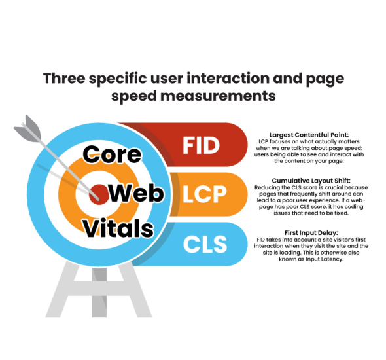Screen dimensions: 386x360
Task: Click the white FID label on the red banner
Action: coord(201,145)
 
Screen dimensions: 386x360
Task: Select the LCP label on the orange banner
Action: coord(205,194)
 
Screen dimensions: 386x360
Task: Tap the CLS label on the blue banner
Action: coord(205,244)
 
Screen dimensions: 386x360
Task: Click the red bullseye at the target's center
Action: coord(99,194)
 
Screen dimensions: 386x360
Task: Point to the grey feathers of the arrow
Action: coord(28,128)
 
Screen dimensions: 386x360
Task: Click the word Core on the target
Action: coord(112,154)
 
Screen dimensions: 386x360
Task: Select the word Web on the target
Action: coord(136,193)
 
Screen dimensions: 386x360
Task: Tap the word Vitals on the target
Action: coord(118,228)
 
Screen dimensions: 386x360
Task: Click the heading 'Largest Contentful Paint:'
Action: coord(309,135)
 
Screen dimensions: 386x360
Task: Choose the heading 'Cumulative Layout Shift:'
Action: coord(311,181)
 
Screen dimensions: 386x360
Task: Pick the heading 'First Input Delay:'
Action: coord(311,233)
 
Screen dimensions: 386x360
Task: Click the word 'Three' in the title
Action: coord(64,79)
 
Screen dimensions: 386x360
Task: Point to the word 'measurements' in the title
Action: coord(218,96)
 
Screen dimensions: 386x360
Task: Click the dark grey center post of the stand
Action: coord(99,293)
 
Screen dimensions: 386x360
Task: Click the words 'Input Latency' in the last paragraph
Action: coord(325,259)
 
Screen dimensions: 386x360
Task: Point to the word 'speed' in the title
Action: coord(134,96)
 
